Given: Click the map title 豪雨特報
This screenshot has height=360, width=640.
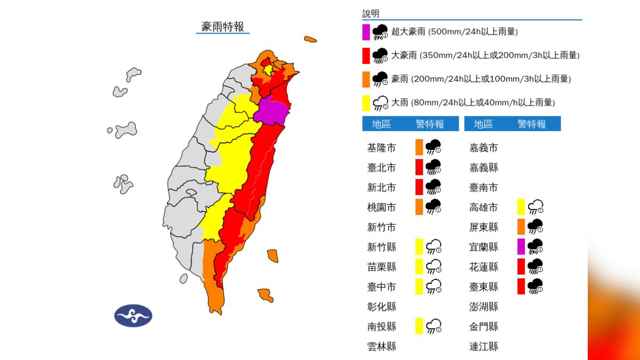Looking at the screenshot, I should click(x=222, y=27).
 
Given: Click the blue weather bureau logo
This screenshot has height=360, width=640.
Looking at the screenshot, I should click(x=133, y=315).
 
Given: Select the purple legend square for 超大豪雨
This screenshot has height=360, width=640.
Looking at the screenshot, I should click(x=366, y=32).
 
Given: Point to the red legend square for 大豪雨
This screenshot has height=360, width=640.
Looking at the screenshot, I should click(x=366, y=55).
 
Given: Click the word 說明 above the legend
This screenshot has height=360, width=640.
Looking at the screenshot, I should click(x=371, y=14).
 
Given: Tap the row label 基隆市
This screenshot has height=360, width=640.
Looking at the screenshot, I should click(x=381, y=148).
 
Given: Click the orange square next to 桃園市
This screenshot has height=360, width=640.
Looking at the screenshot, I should click(x=419, y=206).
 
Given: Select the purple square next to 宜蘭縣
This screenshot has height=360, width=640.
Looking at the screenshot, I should click(x=521, y=246).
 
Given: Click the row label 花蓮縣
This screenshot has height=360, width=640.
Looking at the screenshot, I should click(x=483, y=267).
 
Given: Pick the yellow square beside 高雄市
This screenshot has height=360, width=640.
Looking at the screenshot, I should click(x=521, y=206).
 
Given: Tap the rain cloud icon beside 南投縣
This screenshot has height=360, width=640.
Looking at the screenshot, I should click(x=434, y=326).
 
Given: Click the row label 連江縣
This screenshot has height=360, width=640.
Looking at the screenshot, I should click(x=483, y=346).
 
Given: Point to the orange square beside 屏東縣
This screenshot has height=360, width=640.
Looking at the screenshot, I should click(x=521, y=227).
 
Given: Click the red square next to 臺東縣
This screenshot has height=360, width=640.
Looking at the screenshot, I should click(x=521, y=286).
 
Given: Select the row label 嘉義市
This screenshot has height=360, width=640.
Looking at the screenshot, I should click(x=483, y=148).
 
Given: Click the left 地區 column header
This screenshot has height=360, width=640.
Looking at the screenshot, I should click(x=381, y=124).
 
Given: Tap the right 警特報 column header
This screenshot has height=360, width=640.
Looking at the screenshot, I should click(x=532, y=124).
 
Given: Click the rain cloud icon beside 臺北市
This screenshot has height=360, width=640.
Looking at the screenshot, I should click(x=434, y=167).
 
